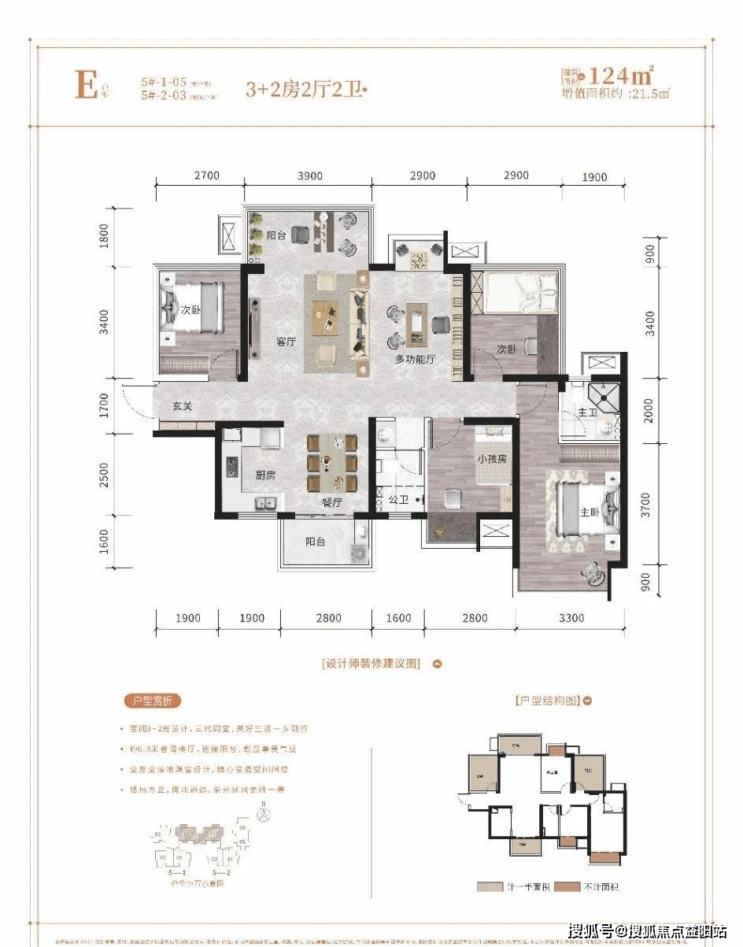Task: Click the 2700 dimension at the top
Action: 205,176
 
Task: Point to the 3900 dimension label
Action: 308,176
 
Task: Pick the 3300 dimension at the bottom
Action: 571,618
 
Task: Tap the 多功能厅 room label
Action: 416,358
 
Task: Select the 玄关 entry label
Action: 183,406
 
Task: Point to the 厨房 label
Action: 264,475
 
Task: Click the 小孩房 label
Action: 490,458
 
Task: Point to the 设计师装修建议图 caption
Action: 371,664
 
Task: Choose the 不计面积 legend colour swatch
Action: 566,886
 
